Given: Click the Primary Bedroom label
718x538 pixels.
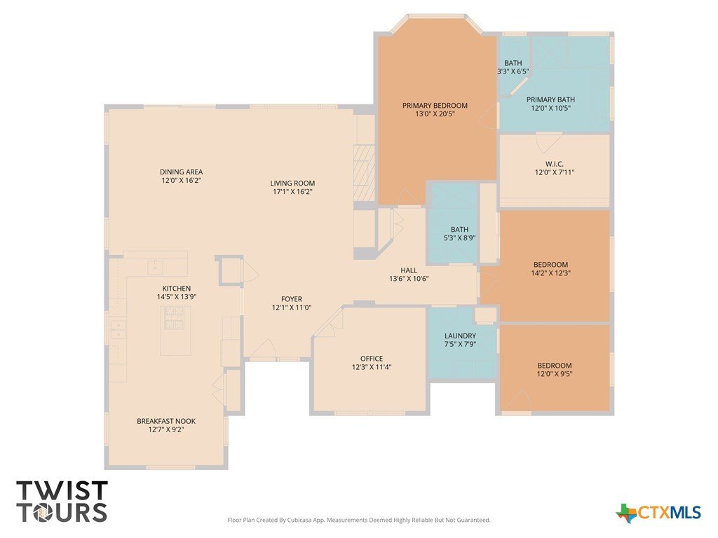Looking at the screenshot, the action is click(435, 105).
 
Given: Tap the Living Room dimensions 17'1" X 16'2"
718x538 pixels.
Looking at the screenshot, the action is click(292, 192).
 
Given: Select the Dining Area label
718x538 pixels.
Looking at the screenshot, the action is click(182, 172).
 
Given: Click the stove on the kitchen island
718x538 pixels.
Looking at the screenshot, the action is click(175, 318).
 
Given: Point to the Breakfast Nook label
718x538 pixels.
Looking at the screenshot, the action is click(166, 421).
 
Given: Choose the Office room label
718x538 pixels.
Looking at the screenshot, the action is click(372, 358).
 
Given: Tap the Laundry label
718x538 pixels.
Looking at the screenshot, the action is click(460, 336).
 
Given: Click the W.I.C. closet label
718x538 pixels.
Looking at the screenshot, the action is click(555, 164).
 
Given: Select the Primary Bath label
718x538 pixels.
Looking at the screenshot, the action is click(550, 99).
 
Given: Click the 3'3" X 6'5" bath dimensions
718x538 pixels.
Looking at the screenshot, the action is click(513, 71).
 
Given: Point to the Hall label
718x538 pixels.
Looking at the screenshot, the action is click(409, 270).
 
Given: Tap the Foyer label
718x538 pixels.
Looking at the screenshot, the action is click(292, 299).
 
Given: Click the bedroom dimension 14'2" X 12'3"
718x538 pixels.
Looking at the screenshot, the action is click(551, 273).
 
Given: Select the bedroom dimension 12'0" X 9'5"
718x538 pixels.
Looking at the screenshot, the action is click(555, 374).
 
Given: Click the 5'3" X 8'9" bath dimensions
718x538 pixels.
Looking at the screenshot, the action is click(459, 238).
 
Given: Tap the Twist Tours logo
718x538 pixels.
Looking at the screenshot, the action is click(62, 502).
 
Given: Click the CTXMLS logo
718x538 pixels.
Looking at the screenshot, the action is click(658, 512).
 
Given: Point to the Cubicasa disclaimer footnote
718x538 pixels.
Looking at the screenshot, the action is click(359, 520).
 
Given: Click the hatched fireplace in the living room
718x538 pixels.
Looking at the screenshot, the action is click(364, 173).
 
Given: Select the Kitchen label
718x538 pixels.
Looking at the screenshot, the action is click(176, 288).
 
